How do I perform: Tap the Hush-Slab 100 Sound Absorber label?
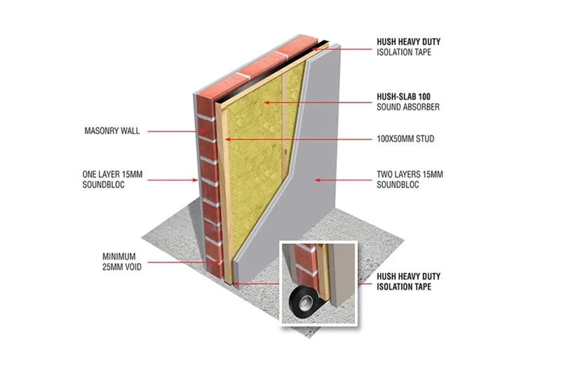[x=409, y=102]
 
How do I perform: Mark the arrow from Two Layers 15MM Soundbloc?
[x=344, y=180]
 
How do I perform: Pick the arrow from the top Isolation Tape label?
[x=351, y=47]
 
